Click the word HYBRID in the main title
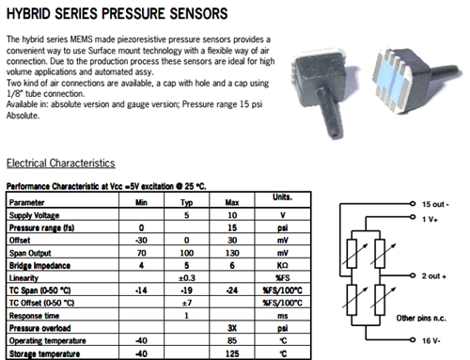coord(28,14)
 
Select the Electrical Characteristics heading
coord(61,164)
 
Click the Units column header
coord(282,197)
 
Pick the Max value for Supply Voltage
coord(232,215)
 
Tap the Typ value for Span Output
coord(187,253)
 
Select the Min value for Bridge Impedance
coord(141,265)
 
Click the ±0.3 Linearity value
coord(187,278)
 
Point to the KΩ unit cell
coord(282,265)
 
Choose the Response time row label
coord(34,316)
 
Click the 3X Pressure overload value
coord(232,328)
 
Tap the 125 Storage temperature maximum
coord(232,353)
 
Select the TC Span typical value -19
coord(187,290)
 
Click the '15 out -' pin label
coord(435,204)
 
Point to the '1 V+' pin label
coord(430,219)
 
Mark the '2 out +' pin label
coord(434,276)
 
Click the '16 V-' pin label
coord(431,340)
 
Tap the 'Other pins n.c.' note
coord(421,319)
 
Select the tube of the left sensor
coord(329,113)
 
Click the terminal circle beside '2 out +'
coord(413,275)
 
